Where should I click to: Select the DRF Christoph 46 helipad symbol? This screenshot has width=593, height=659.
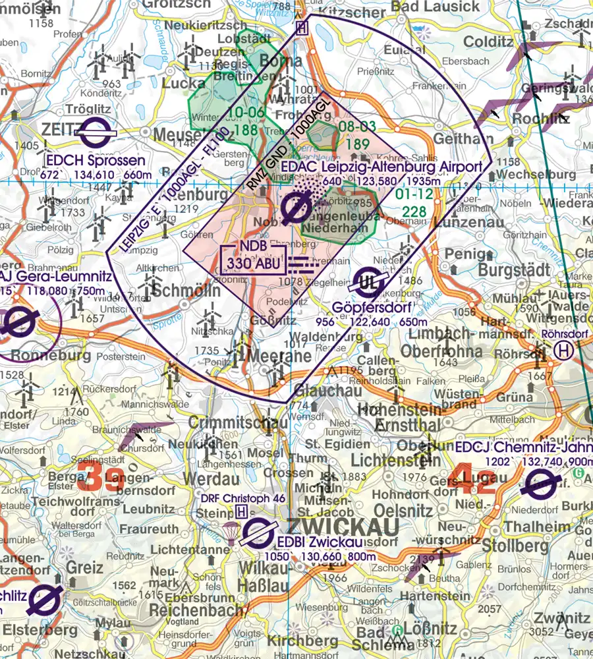click(x=242, y=511)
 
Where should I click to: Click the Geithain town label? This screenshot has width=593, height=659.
click(x=463, y=138)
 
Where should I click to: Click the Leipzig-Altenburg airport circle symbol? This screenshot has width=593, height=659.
click(x=291, y=209)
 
